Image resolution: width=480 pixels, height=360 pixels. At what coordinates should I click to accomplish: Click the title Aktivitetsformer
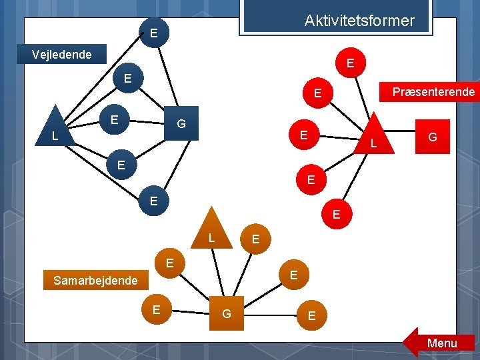[359, 21]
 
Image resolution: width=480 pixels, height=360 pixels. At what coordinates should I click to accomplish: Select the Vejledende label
[62, 54]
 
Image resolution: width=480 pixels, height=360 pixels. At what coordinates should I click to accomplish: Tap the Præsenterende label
[433, 91]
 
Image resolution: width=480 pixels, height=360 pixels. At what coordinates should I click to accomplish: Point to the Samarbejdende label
[95, 281]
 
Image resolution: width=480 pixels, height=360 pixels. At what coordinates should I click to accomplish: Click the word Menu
[442, 343]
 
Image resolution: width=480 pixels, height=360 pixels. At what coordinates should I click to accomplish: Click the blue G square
[181, 124]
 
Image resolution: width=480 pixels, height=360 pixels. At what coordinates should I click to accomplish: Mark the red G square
[432, 137]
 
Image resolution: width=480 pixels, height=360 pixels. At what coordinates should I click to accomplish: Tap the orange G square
[227, 313]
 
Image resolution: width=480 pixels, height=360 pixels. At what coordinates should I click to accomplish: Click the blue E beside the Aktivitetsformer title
[154, 32]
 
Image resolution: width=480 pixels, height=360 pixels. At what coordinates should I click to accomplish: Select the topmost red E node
[350, 63]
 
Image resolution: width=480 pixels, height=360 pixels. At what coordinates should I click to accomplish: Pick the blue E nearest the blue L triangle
[114, 120]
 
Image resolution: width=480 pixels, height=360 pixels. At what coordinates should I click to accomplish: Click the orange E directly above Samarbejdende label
[170, 263]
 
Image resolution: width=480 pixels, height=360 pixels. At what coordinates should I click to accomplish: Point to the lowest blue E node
[153, 201]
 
